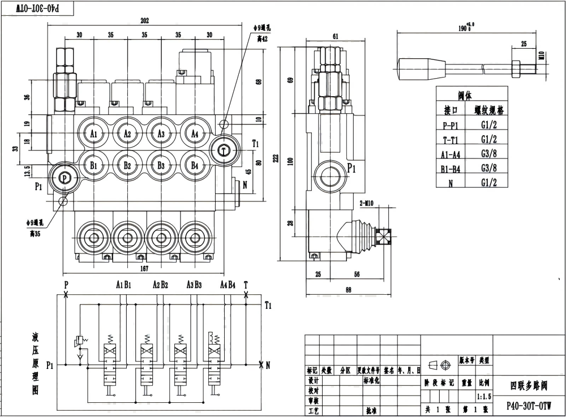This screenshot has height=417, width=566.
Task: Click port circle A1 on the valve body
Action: coord(94,134)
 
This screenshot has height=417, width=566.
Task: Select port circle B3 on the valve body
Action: coord(161,166)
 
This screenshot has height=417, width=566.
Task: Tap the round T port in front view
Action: coord(224,150)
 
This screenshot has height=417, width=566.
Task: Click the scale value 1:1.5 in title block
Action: coord(484,397)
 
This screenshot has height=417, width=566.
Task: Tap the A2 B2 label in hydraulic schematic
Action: coord(161,285)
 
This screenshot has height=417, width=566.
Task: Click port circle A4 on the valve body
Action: coord(195,134)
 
